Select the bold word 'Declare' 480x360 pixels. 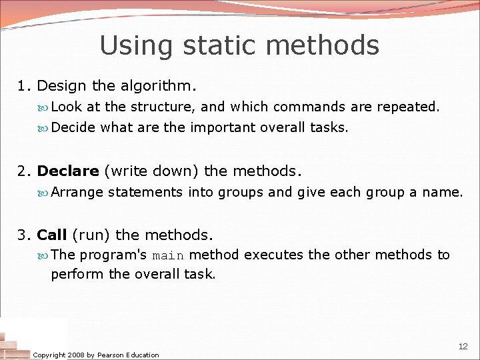click(68, 171)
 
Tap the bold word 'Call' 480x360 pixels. click(52, 235)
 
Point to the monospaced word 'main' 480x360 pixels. click(168, 255)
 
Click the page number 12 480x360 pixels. click(463, 347)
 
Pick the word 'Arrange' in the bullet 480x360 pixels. click(77, 193)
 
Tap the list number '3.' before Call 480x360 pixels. click(25, 235)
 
